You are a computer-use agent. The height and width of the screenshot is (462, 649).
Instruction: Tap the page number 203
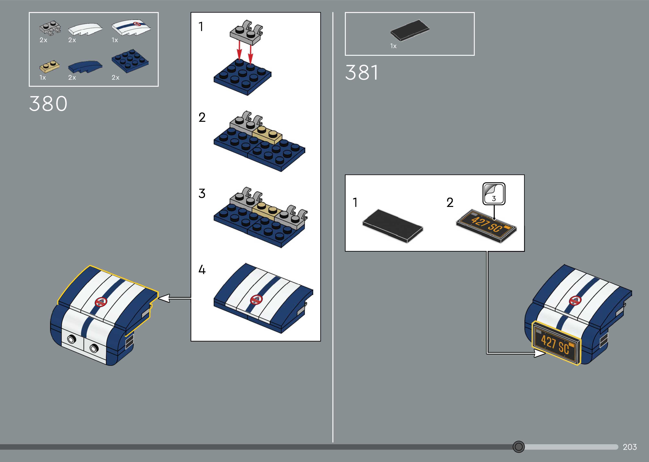tap(630, 447)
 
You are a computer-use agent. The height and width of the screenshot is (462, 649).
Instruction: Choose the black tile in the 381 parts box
tap(409, 30)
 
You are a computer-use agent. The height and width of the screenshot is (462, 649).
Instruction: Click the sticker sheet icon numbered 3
tap(494, 194)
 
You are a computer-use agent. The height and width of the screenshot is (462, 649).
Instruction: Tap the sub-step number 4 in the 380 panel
tap(202, 269)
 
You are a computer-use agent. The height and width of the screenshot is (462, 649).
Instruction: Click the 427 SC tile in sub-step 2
tap(486, 227)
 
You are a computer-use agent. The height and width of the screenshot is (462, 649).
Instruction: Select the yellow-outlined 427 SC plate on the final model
tap(556, 343)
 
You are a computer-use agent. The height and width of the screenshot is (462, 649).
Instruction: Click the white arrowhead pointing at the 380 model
tap(164, 298)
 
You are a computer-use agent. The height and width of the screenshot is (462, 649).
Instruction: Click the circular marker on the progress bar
tap(518, 447)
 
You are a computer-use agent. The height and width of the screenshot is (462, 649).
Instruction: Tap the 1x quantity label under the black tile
tap(393, 46)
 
